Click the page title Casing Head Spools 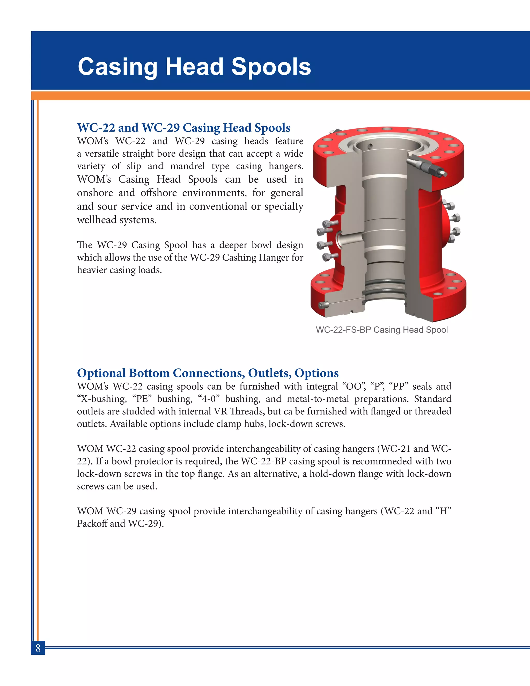coord(194,67)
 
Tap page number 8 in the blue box coord(38,648)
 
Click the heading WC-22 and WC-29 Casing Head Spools coord(184,128)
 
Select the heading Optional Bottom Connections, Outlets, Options coord(208,373)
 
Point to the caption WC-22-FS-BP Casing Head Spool coord(381,330)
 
